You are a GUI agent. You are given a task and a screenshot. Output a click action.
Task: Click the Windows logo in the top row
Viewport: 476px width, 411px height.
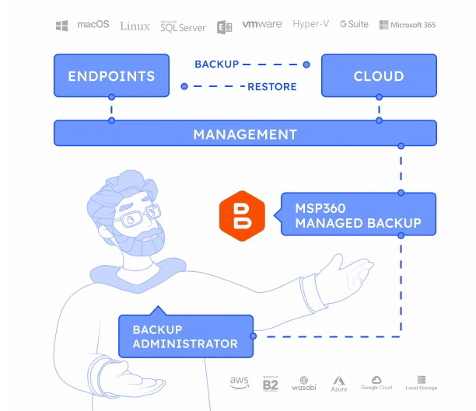[61, 26]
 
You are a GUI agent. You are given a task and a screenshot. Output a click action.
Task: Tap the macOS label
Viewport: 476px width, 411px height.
[93, 25]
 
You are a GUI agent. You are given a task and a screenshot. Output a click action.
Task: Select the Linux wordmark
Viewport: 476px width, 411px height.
[135, 26]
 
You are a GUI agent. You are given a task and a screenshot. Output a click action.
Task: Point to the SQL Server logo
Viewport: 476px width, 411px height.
[183, 26]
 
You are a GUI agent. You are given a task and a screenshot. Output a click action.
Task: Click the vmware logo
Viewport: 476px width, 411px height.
[261, 25]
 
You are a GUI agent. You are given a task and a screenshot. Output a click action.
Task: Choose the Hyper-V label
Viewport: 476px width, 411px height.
[310, 25]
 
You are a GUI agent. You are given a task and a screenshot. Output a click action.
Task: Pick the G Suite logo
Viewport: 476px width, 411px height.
[354, 25]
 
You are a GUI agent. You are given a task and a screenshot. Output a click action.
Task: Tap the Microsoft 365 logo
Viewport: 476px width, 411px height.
[407, 25]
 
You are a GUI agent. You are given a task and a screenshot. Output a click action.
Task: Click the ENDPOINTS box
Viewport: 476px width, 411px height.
[111, 75]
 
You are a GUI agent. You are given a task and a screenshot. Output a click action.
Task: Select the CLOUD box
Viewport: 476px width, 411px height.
[379, 75]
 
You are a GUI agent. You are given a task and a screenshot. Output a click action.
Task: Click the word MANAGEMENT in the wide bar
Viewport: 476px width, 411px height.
[245, 134]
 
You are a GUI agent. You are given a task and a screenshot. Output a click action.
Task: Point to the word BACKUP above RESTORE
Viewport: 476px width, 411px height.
[217, 64]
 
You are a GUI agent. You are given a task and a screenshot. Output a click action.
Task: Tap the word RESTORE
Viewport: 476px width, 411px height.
[271, 86]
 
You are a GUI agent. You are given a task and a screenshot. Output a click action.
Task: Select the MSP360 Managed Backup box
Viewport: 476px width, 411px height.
[358, 215]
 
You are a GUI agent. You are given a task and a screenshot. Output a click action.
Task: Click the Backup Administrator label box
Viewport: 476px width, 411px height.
[185, 336]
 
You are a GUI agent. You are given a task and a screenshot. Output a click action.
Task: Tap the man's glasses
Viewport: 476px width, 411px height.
[138, 214]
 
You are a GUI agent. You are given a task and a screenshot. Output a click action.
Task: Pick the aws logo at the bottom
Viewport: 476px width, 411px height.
[239, 383]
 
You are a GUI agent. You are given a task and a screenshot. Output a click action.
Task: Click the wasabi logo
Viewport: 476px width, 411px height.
[303, 384]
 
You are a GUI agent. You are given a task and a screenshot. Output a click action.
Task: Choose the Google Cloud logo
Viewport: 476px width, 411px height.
[376, 383]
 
